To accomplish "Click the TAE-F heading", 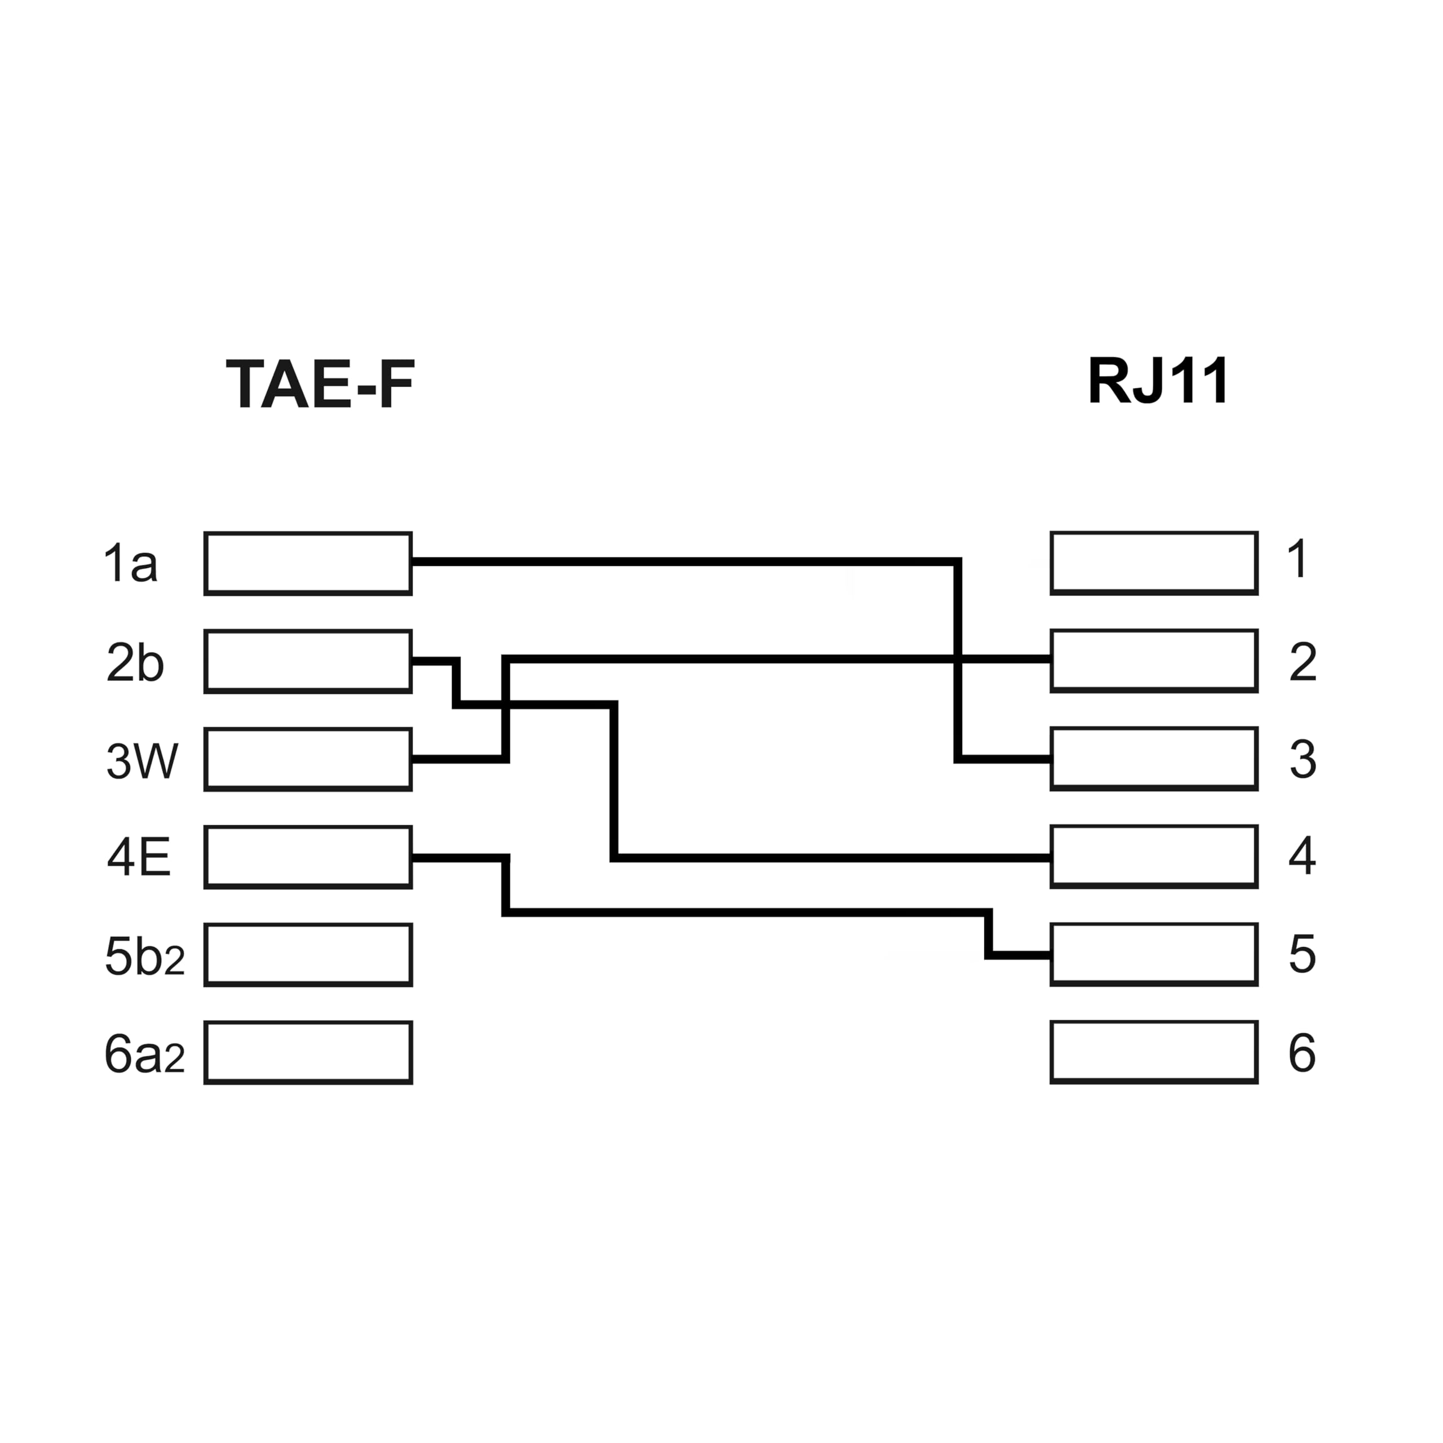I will tap(320, 384).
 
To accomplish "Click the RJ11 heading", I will tap(1158, 381).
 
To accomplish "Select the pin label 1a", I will tap(131, 563).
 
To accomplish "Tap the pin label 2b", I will tap(135, 662).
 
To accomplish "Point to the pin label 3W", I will tap(142, 760).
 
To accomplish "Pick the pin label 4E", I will tap(139, 857).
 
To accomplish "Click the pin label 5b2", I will tap(144, 956).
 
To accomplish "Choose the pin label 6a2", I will tap(144, 1054).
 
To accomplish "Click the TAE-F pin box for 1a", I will tap(308, 563).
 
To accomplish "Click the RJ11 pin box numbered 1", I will tap(1154, 563).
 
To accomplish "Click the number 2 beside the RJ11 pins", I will tap(1303, 662).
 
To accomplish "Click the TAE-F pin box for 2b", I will tap(308, 661).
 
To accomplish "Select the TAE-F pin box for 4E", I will tap(308, 857).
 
